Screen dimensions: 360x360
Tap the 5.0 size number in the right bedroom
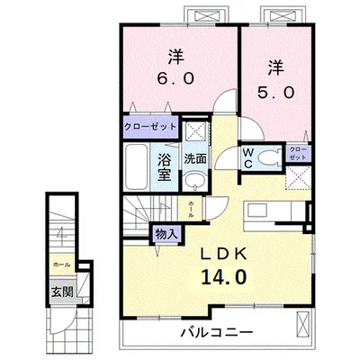276,92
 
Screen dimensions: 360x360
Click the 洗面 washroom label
195,158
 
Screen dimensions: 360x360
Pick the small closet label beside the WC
299,153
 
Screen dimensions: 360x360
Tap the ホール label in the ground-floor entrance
60,265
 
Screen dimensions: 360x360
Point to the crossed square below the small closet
298,179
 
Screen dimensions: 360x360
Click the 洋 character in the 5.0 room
276,66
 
